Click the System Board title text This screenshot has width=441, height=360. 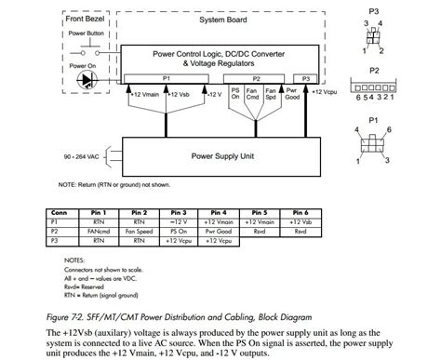(221, 20)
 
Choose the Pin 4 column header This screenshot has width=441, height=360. (219, 213)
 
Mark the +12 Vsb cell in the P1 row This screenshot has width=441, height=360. (300, 221)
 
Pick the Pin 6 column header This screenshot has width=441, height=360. (300, 213)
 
